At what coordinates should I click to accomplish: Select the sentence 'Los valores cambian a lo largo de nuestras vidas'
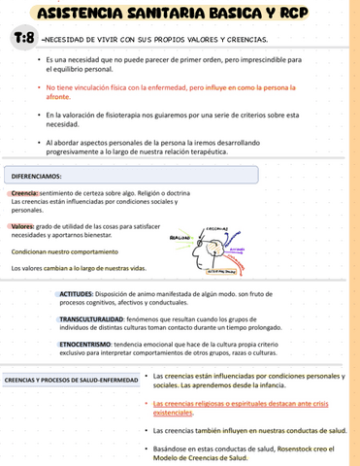78,267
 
